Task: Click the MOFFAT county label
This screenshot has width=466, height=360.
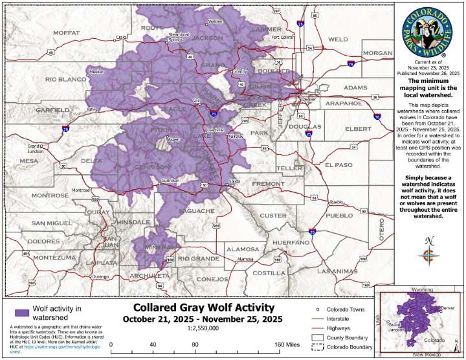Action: click(x=65, y=32)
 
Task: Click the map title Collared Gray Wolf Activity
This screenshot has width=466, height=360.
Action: click(x=204, y=308)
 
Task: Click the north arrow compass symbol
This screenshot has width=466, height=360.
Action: click(x=429, y=253)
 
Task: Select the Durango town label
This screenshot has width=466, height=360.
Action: click(x=100, y=276)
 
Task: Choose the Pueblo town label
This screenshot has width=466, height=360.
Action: click(x=336, y=202)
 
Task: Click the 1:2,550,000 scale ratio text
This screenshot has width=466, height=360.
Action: click(x=203, y=329)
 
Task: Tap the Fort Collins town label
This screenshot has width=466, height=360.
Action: click(x=283, y=37)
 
